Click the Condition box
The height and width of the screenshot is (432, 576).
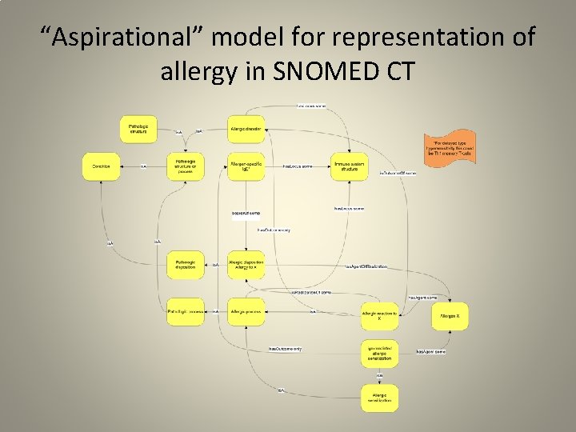coord(101,166)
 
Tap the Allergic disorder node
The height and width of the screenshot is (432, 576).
coord(246,128)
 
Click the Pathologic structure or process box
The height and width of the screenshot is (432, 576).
coord(186,166)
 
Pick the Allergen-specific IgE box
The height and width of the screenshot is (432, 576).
coord(246,166)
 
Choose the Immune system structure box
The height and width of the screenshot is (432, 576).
coord(350,166)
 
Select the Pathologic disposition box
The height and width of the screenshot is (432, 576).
coord(186,265)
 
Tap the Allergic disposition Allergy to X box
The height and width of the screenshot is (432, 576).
coord(246,265)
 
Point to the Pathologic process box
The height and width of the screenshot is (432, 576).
coord(186,311)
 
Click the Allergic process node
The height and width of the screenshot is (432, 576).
coord(246,311)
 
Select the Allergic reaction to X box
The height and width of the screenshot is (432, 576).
coord(379,317)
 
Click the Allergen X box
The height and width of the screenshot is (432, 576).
coord(450,317)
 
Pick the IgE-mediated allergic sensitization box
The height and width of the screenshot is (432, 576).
coord(379,353)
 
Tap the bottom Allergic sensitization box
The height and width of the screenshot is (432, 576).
coord(379,397)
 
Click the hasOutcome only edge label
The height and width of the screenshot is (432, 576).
coord(285,349)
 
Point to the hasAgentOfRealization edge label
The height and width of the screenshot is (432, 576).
coord(366,266)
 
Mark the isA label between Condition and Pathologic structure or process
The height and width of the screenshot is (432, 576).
coord(143,166)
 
